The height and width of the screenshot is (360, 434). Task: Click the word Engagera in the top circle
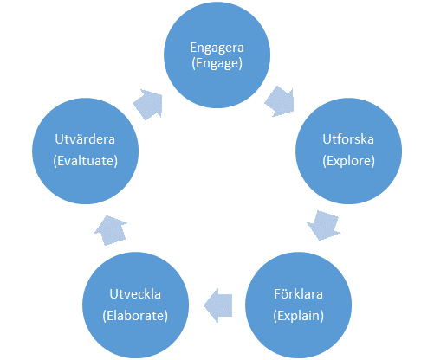[217, 48]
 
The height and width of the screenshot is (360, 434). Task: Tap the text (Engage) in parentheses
[217, 63]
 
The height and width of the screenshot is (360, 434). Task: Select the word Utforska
[348, 139]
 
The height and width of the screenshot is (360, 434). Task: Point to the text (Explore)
[348, 161]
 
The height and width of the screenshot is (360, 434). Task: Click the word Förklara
[298, 294]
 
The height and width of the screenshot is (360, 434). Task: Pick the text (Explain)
[298, 316]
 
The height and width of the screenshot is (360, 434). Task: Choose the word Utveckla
[135, 294]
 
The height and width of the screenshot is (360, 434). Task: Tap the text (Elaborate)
[135, 316]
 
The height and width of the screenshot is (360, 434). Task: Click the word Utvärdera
[85, 139]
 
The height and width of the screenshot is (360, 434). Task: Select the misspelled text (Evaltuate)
[85, 161]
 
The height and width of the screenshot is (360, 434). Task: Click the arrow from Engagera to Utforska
[280, 101]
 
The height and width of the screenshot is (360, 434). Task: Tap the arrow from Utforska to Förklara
[323, 225]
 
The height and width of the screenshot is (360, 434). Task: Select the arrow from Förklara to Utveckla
[218, 305]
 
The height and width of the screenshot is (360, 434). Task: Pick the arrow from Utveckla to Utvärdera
[111, 230]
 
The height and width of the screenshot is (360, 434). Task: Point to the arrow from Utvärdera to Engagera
[148, 105]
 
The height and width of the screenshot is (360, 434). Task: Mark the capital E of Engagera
[193, 48]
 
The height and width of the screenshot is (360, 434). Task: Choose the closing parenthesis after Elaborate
[165, 316]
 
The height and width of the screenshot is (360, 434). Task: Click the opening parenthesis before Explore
[324, 161]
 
